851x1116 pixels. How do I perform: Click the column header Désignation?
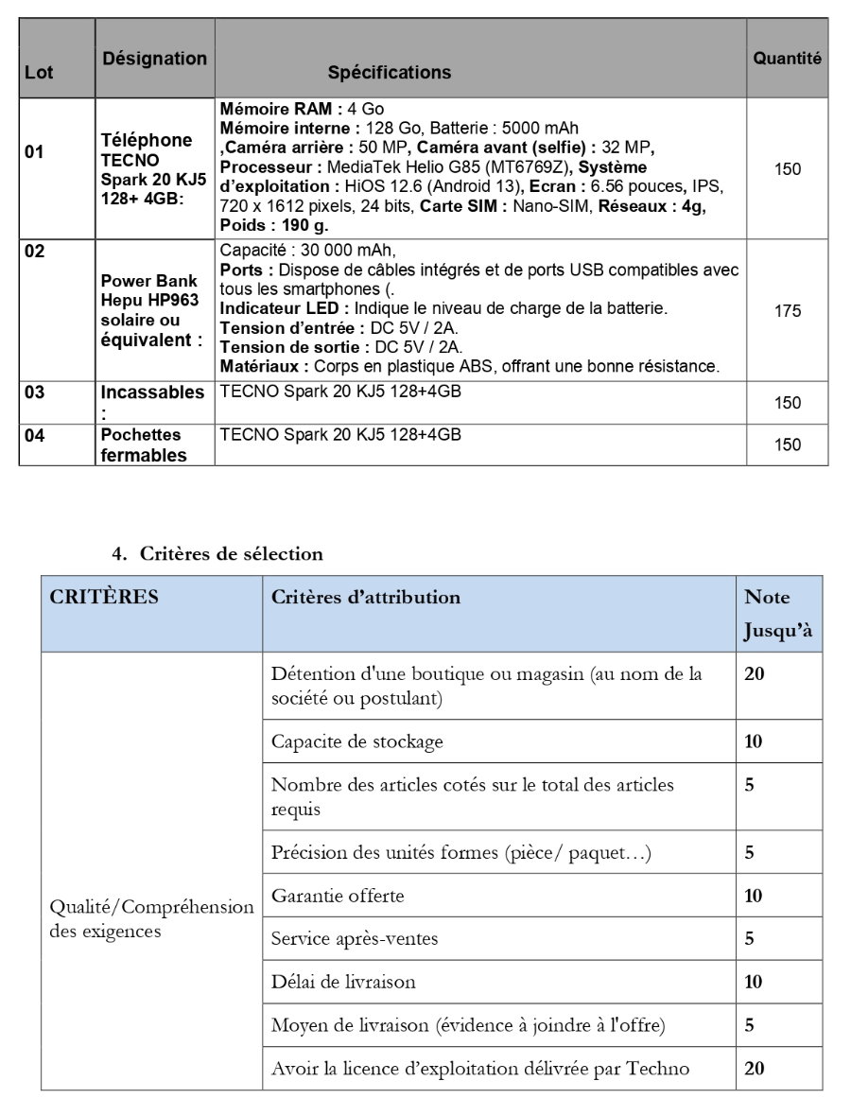[x=155, y=59]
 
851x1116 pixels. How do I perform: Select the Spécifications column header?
[x=390, y=73]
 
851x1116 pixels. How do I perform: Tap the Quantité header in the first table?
[x=787, y=59]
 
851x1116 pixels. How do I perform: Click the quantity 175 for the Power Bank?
[x=788, y=311]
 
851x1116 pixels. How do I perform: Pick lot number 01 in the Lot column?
[x=34, y=151]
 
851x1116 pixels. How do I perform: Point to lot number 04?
[x=34, y=436]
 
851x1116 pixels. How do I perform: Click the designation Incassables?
[x=152, y=392]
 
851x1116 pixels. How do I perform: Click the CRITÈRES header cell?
[x=104, y=598]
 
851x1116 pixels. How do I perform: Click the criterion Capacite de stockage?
[x=356, y=741]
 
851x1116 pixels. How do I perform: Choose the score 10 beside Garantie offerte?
[x=754, y=896]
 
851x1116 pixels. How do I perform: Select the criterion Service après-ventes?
[x=355, y=939]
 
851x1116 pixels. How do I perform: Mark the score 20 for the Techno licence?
[x=755, y=1069]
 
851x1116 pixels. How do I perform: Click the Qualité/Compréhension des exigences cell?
[x=151, y=918]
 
